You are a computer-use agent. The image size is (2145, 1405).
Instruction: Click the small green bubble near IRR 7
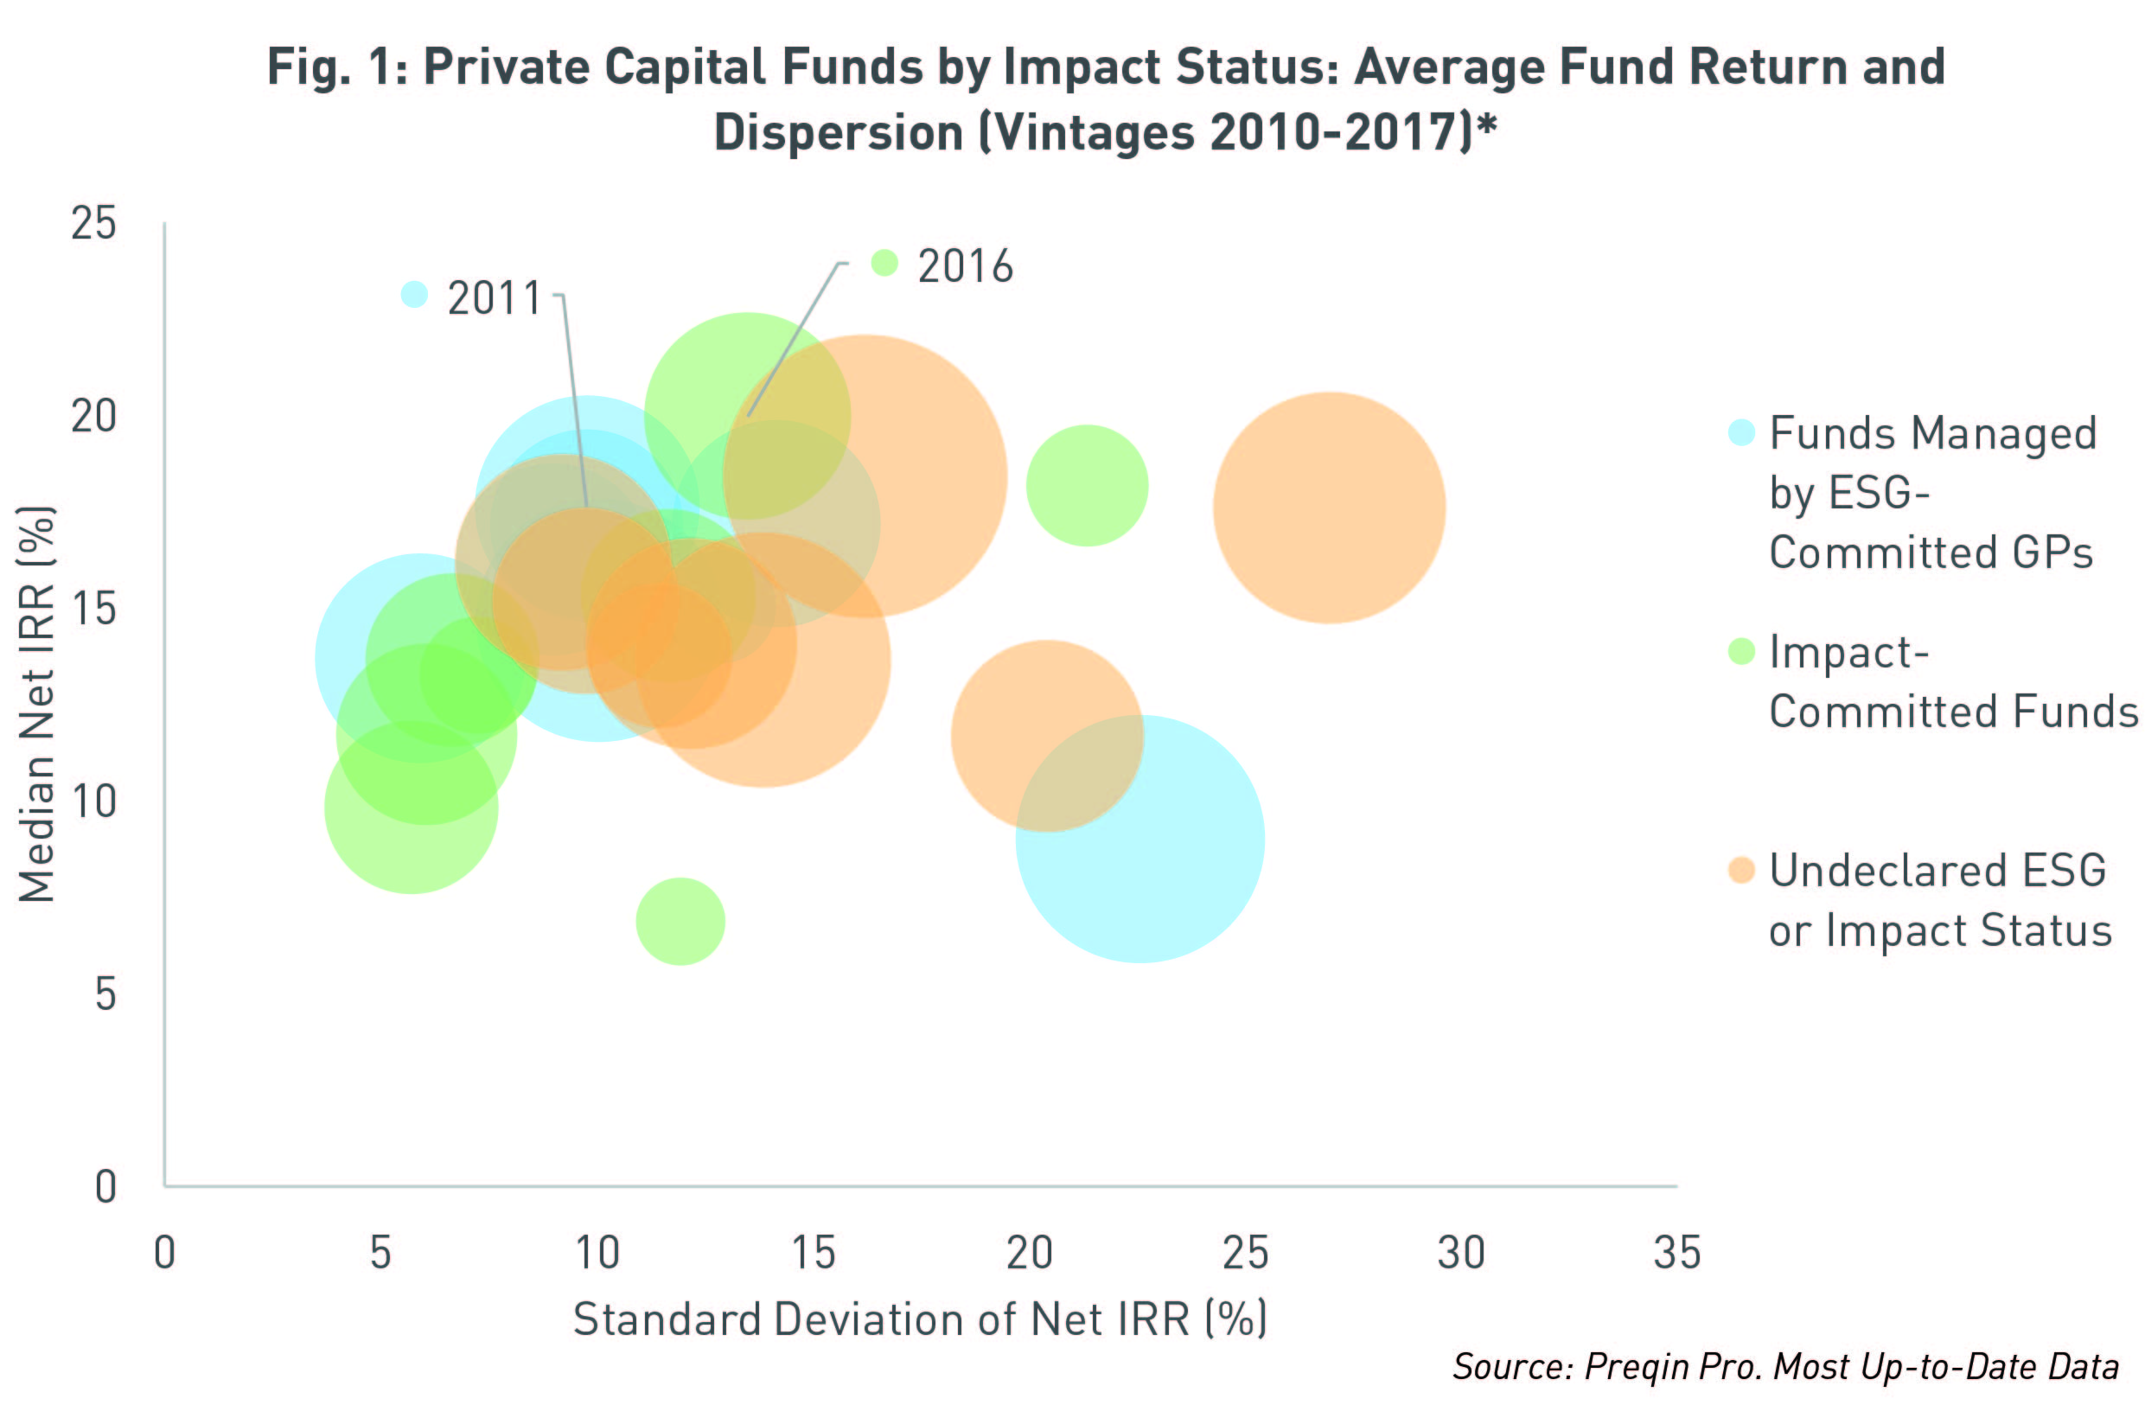(680, 921)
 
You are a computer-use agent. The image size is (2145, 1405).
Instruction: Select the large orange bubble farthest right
(1330, 508)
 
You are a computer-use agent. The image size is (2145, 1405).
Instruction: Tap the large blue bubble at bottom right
(1140, 839)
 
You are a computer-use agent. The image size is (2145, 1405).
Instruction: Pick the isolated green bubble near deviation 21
(1087, 485)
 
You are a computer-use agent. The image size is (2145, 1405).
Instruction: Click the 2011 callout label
(494, 297)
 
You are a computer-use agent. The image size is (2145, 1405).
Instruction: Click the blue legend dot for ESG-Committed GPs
(1741, 432)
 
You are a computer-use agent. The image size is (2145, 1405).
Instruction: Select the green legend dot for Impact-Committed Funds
(1741, 651)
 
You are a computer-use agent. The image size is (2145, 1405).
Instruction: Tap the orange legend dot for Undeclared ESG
(1741, 870)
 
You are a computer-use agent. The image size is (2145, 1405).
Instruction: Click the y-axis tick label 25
(93, 222)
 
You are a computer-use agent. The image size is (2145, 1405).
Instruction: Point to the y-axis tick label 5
(105, 994)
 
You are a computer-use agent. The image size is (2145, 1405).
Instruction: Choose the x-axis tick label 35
(1676, 1253)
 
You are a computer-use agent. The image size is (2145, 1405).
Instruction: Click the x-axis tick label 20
(1029, 1253)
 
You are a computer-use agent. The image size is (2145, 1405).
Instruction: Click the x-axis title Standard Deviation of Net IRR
(919, 1319)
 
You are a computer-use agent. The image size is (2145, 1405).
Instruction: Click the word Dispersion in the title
(838, 132)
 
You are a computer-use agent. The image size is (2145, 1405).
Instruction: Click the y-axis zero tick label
(105, 1186)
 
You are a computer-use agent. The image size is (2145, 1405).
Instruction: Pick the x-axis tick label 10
(597, 1253)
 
